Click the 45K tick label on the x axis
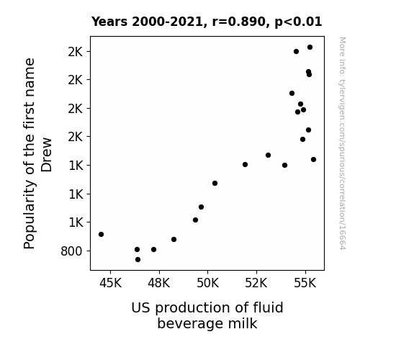coord(110,283)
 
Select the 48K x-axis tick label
coord(159,283)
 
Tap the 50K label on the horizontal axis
coord(208,283)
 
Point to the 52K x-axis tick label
coord(256,283)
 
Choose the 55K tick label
coord(305,283)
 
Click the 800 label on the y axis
coord(71,251)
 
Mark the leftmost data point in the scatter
coord(101,234)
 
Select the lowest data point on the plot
coord(138,260)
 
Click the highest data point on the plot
coord(310,48)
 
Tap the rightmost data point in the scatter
coord(314,160)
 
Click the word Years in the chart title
coord(109,22)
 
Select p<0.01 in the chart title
coord(298,22)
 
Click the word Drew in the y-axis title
coord(47,155)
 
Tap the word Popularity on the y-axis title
coord(30,215)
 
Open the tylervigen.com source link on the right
coord(342,143)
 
